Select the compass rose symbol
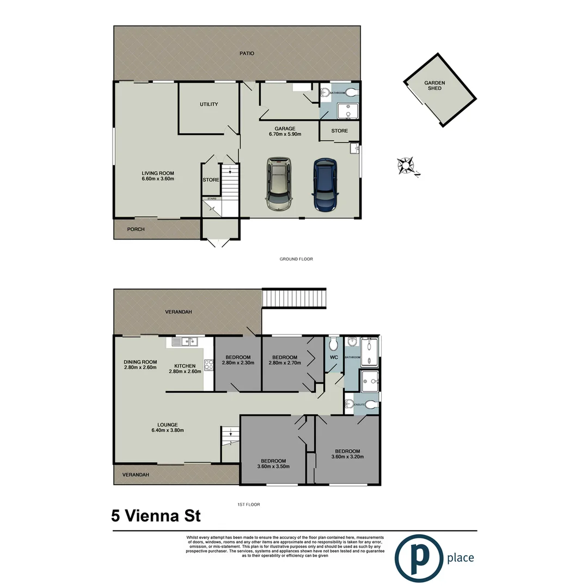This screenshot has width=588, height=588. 406,164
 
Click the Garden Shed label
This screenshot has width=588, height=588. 435,85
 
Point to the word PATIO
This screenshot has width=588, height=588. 247,53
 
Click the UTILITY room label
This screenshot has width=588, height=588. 209,104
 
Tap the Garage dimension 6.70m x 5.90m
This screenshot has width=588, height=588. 285,134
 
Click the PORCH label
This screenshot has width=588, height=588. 136,229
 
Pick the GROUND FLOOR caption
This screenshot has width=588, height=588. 296,259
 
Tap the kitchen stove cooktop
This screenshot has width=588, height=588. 209,365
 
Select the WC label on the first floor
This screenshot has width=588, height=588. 334,358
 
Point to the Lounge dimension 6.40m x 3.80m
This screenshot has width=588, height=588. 168,430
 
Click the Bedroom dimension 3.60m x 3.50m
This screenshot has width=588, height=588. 273,466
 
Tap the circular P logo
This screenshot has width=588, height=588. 418,558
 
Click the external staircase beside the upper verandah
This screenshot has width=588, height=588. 294,298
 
